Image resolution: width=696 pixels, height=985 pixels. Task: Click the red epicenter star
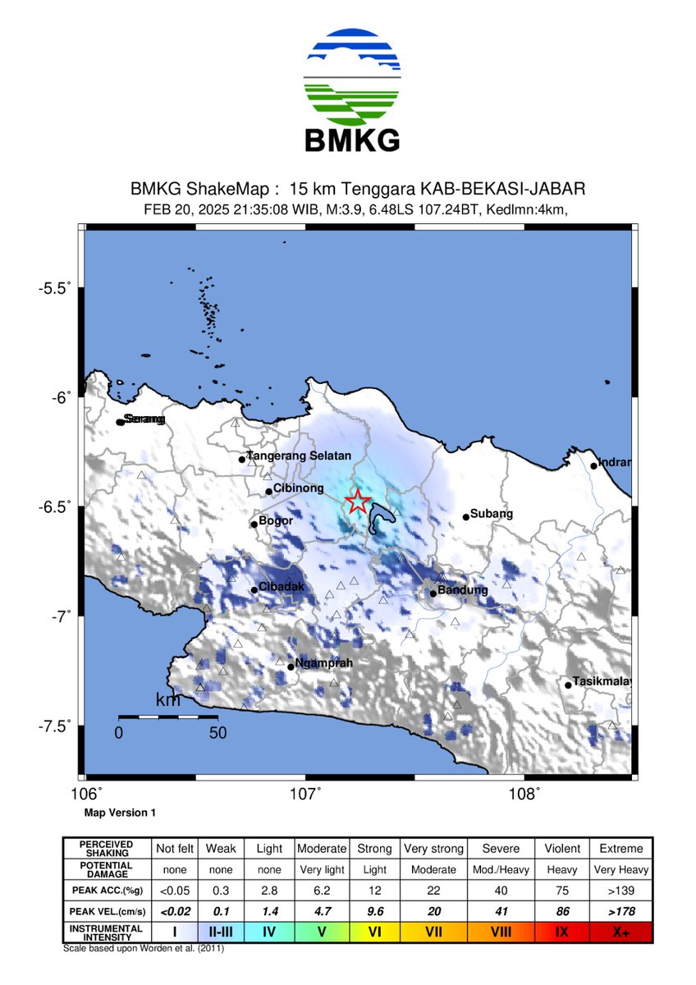[x=357, y=501]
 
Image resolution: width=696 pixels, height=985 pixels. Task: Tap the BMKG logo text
[x=352, y=140]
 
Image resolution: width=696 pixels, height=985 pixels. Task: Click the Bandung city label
[x=463, y=590]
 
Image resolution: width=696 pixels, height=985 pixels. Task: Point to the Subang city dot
[x=465, y=516]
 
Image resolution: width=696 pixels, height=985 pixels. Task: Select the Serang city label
[x=144, y=419]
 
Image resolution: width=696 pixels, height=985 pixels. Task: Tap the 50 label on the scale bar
[x=217, y=733]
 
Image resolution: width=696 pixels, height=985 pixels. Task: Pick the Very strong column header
[x=433, y=848]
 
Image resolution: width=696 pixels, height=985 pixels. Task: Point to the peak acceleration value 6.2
[x=321, y=891]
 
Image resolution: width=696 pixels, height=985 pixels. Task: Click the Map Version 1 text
[x=120, y=813]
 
